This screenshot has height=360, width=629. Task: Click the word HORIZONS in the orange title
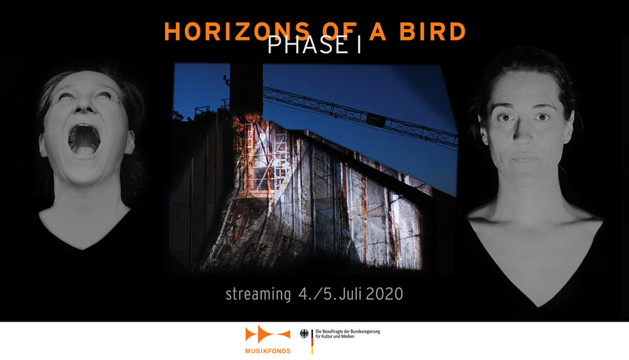click(237, 31)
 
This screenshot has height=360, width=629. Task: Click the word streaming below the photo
click(258, 294)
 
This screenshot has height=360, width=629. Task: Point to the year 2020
click(384, 294)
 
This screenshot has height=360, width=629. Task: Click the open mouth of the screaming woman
click(85, 139)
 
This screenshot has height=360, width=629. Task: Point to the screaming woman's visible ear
click(130, 143)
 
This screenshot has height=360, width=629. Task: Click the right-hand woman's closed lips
click(525, 157)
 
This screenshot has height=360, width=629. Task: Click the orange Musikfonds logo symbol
click(268, 334)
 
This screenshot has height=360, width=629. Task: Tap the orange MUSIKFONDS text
click(268, 351)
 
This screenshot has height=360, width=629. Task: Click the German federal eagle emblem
click(305, 334)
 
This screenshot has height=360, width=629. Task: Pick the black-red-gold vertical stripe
click(312, 342)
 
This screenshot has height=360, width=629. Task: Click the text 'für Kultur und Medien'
click(335, 336)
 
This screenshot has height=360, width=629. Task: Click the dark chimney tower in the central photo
click(246, 89)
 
